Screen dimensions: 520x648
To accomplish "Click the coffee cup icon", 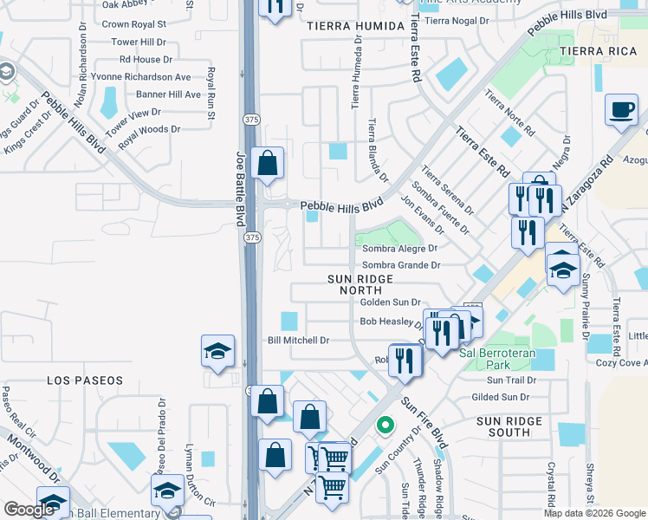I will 620,110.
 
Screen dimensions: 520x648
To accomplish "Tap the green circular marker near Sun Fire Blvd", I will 386,426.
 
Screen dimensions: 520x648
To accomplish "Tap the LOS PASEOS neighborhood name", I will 80,380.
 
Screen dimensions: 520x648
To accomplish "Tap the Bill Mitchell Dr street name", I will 298,341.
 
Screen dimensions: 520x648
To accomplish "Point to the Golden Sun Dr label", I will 390,302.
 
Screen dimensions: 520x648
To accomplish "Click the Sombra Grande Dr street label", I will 401,265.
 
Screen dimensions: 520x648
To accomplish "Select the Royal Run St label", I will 211,90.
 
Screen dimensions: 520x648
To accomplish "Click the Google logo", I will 29,510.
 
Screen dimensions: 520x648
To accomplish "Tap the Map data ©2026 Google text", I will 594,513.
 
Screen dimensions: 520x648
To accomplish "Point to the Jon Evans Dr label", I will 423,214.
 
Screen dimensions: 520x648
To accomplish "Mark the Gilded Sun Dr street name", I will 500,397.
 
